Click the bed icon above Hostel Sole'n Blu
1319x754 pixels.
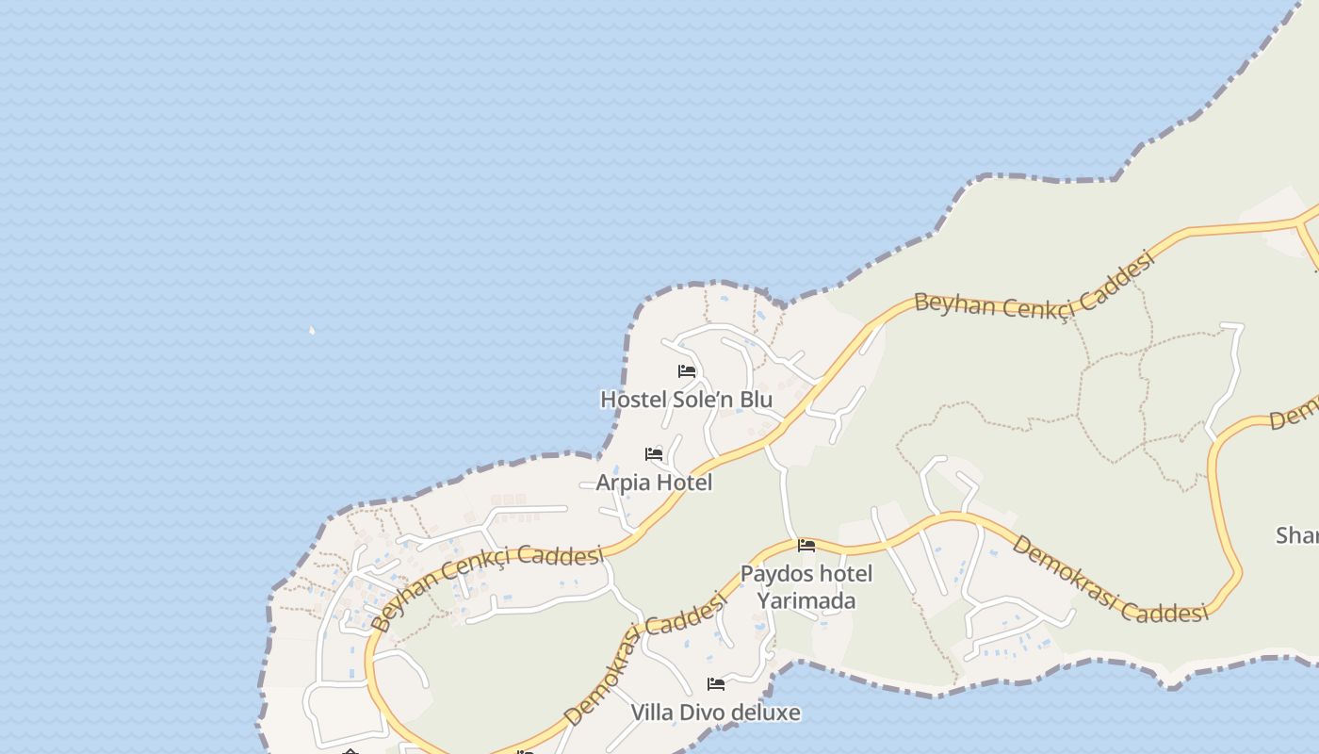coord(687,371)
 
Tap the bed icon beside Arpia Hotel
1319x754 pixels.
coord(654,454)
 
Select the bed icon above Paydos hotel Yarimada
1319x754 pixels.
coord(806,545)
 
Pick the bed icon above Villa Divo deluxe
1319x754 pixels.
coord(716,683)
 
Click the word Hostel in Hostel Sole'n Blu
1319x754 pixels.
coord(631,400)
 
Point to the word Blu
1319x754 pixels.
coord(756,400)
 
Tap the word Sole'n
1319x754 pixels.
coord(701,400)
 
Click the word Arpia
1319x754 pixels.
coord(622,483)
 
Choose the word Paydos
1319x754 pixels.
coord(774,574)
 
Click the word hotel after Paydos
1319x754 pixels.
coord(843,574)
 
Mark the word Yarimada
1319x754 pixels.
coord(806,600)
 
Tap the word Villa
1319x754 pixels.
coord(652,713)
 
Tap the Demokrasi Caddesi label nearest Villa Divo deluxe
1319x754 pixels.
coord(647,656)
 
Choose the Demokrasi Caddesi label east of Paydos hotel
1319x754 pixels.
coord(1110,581)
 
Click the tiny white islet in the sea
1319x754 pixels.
coord(311,330)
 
